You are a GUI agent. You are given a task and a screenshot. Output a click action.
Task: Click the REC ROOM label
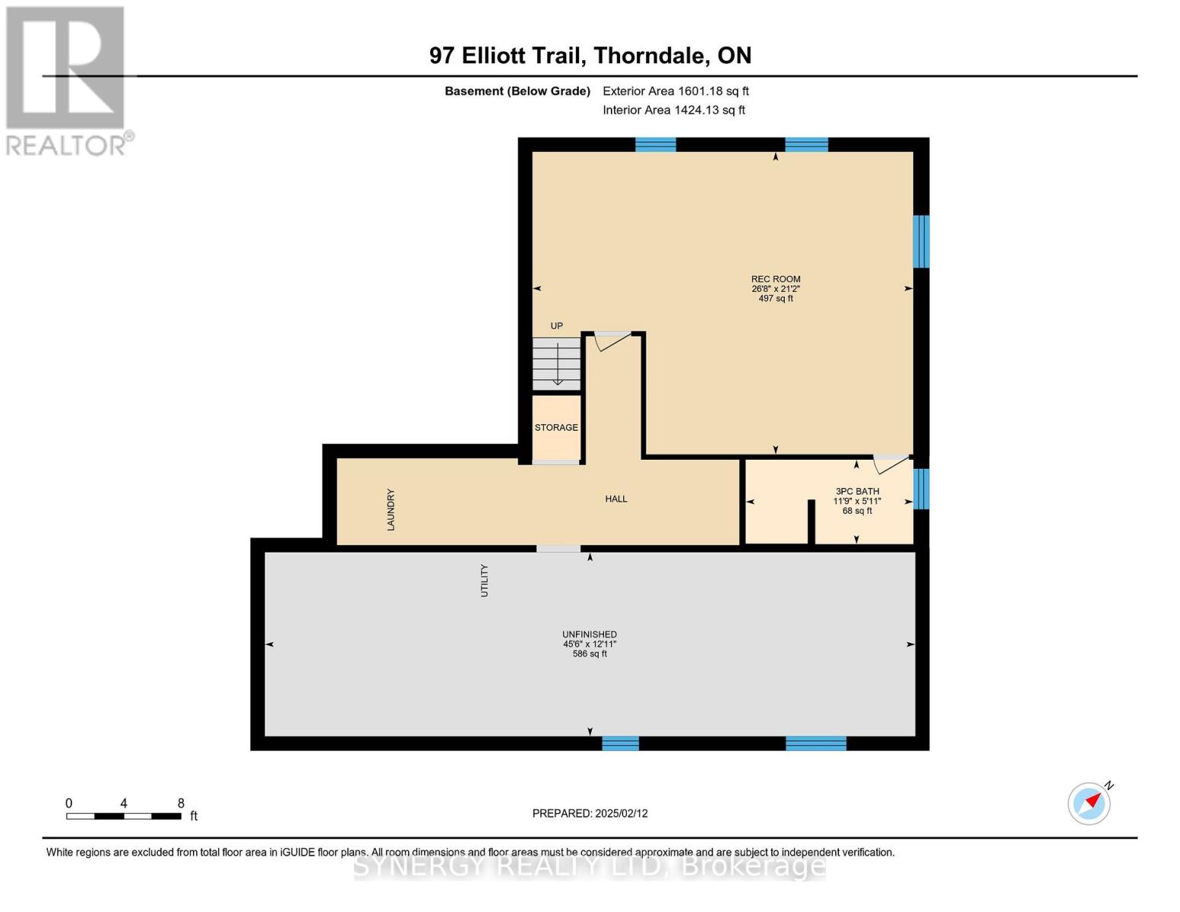[775, 280]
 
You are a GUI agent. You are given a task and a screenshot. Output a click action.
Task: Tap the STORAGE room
[556, 428]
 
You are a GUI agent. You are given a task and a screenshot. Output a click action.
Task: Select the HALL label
[615, 499]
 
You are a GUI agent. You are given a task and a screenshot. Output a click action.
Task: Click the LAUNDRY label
[391, 509]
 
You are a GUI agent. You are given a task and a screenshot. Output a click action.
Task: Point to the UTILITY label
[484, 581]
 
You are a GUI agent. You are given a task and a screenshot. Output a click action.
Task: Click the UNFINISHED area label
[589, 635]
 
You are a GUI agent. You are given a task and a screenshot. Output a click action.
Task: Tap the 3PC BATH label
[856, 492]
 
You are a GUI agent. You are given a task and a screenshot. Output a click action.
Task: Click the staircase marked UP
[556, 363]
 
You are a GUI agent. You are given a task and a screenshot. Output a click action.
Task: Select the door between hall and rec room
[612, 340]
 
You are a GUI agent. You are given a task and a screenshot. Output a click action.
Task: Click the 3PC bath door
[891, 462]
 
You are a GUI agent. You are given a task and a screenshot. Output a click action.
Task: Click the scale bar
[123, 816]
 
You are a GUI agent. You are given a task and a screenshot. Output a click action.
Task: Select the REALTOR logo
[67, 80]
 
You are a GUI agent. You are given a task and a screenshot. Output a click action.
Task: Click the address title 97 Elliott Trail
[590, 55]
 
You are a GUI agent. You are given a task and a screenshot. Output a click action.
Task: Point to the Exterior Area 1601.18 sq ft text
[675, 91]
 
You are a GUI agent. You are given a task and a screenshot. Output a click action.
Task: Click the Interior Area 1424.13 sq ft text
[673, 110]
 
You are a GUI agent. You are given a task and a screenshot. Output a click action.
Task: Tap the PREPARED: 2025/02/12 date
[590, 813]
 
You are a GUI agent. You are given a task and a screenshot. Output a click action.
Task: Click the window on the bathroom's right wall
[921, 489]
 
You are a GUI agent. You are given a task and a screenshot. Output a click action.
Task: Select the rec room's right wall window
[921, 242]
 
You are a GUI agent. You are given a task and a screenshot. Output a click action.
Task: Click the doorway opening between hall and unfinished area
[558, 549]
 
